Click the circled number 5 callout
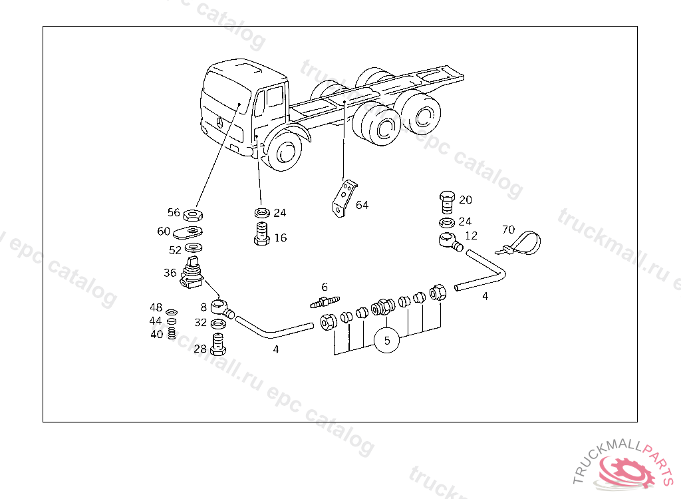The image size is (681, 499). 387,341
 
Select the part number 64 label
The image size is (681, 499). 362,205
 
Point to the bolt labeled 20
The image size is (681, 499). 447,202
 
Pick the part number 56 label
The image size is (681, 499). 174,213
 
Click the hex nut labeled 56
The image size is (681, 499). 194,214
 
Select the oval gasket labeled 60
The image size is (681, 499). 189,232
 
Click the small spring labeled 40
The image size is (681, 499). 171,333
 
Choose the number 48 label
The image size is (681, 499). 156,307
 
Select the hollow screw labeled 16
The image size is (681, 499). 261,234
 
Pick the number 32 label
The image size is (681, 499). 201,323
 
